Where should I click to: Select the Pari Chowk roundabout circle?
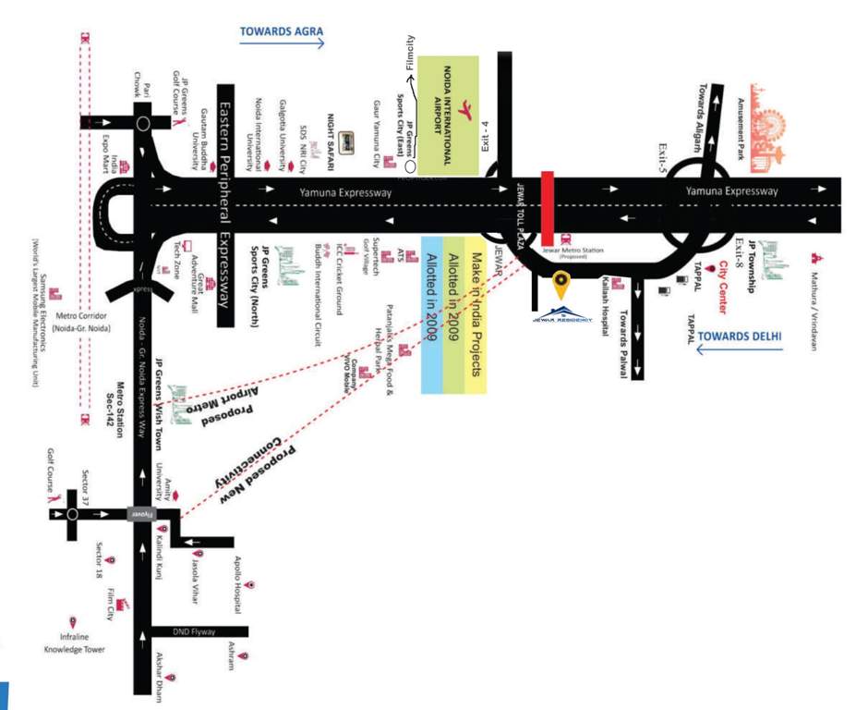[x=142, y=123]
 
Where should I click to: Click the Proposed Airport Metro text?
[x=221, y=397]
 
